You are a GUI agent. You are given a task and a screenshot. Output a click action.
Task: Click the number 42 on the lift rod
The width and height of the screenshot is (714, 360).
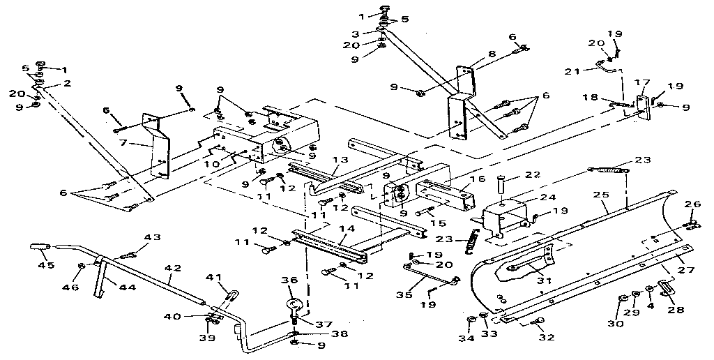[x=173, y=267]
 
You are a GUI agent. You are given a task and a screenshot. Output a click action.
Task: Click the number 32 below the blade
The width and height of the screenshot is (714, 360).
[x=545, y=338]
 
